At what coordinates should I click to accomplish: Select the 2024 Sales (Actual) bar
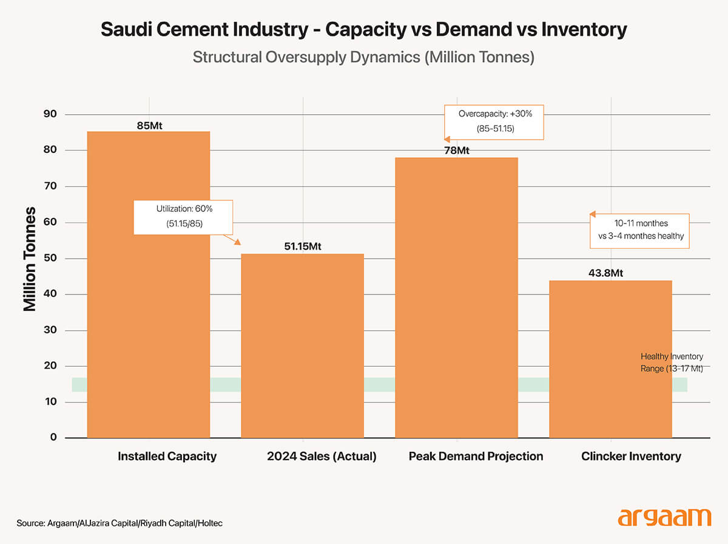point(303,345)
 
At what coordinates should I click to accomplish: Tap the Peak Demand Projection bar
point(456,297)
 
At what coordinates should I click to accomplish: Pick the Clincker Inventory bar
point(610,358)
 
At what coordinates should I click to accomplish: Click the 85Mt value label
point(149,126)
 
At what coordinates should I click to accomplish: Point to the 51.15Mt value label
point(303,246)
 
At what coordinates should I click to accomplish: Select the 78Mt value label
point(456,151)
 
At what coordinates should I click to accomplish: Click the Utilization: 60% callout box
point(183,216)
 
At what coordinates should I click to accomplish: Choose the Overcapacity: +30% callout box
point(494,121)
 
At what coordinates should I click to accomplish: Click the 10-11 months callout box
point(640,230)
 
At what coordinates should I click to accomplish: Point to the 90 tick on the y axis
point(49,114)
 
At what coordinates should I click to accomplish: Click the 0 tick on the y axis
point(53,437)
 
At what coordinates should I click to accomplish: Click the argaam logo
point(664,517)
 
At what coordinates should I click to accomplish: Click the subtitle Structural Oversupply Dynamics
point(363,58)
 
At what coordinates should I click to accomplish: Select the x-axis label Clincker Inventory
point(631,457)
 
